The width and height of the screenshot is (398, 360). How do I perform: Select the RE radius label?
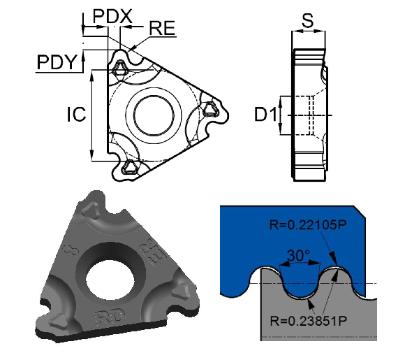pos(162,28)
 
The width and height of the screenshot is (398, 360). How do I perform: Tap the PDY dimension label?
pos(56,62)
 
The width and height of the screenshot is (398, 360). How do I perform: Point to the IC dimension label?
pos(76,114)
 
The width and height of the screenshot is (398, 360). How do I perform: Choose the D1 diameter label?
pos(265,115)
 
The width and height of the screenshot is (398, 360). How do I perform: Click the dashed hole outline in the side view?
pos(308,115)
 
